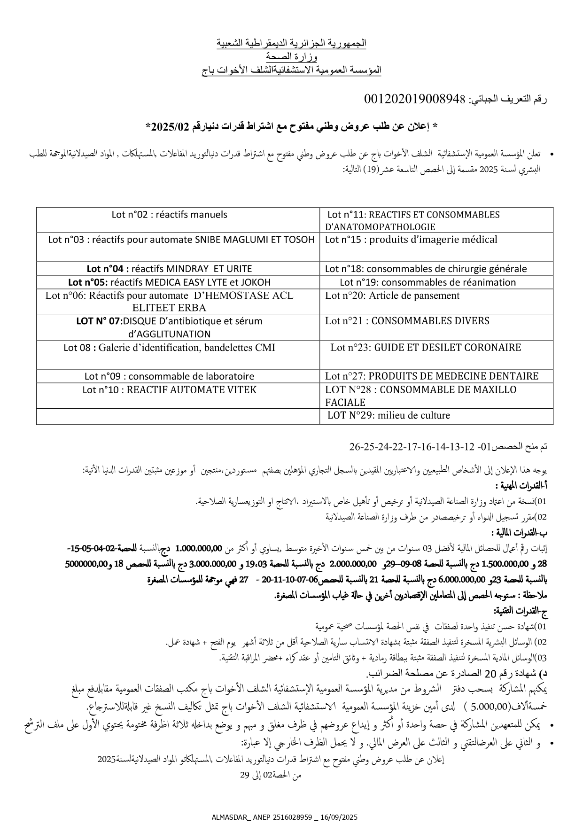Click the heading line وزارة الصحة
(x=291, y=57)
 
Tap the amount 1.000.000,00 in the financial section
(x=198, y=548)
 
